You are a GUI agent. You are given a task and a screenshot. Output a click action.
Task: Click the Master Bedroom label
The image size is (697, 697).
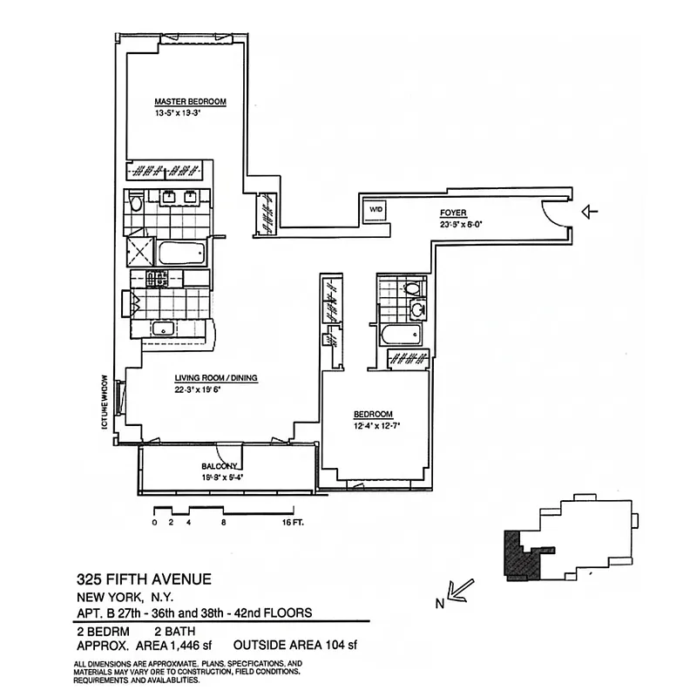[190, 102]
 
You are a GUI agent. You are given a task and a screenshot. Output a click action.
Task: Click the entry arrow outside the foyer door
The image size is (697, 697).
[592, 211]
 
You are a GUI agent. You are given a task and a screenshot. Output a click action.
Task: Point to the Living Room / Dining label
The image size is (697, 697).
[216, 378]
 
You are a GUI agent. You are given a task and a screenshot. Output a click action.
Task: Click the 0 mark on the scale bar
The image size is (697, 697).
[154, 523]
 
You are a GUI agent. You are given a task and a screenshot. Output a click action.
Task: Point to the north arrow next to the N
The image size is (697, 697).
[460, 589]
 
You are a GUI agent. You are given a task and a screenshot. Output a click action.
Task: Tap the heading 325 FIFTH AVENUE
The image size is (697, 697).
[143, 579]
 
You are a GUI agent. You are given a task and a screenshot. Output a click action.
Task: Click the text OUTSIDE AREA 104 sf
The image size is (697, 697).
[296, 646]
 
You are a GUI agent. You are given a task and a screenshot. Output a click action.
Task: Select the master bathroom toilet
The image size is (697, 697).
[135, 203]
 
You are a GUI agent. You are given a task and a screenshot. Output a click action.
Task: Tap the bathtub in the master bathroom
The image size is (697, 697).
[181, 254]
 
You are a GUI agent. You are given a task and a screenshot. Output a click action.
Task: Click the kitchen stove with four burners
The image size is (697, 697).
[157, 278]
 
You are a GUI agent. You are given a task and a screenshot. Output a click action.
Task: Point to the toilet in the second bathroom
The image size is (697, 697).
[412, 287]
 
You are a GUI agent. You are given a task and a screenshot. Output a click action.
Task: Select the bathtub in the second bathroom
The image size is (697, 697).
[401, 335]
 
